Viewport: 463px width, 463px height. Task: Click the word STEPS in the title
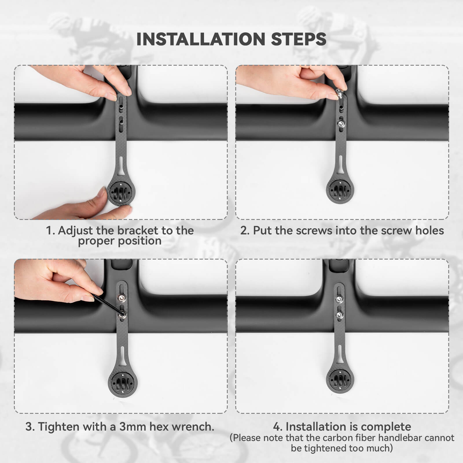298,39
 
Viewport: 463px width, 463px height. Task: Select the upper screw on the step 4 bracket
339,299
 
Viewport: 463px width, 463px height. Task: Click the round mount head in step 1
121,192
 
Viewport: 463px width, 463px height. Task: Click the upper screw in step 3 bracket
121,298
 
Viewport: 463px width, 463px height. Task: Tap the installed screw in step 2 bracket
341,124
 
